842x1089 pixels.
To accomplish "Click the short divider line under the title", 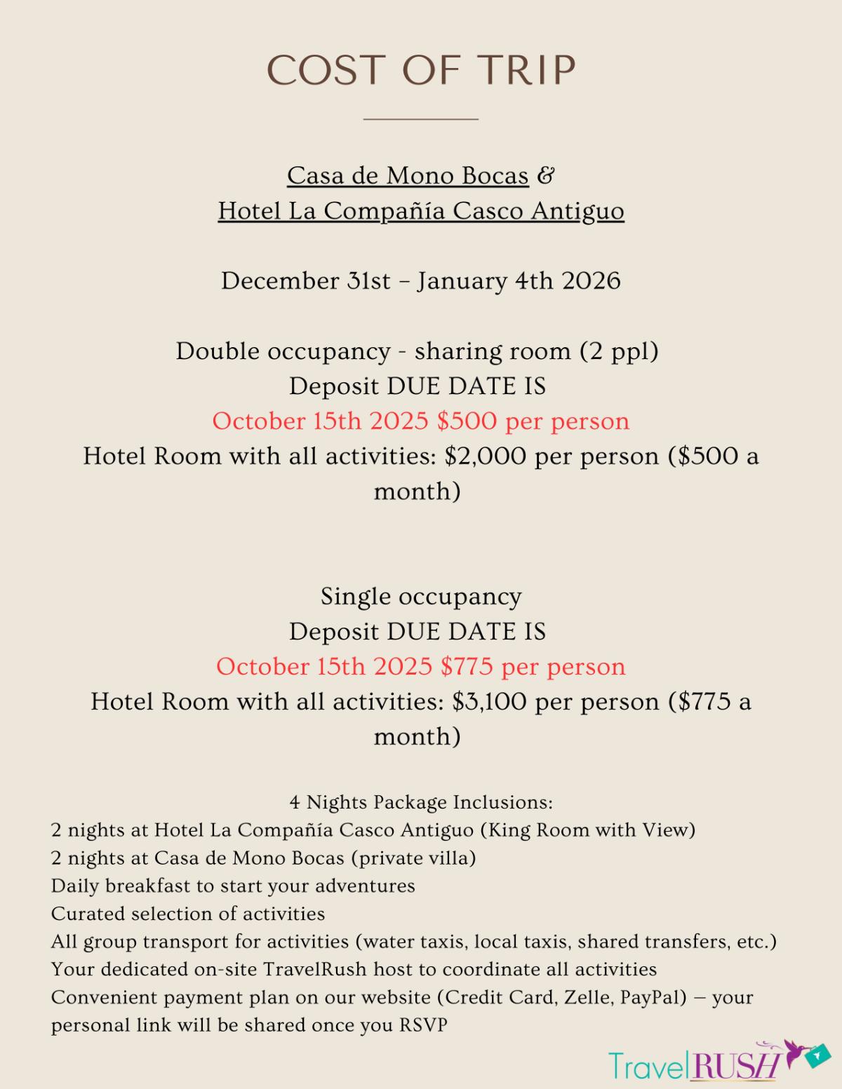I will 420,119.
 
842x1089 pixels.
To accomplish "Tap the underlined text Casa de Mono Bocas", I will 408,175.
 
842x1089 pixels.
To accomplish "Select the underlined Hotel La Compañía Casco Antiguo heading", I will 421,210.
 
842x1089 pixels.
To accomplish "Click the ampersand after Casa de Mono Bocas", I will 545,175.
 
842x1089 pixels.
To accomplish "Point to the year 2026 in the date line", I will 592,280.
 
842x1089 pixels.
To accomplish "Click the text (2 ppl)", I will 619,351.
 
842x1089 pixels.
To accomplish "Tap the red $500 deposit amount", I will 467,421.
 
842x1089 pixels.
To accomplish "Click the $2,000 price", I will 486,456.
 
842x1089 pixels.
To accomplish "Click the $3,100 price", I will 490,701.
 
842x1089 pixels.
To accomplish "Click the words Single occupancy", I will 421,596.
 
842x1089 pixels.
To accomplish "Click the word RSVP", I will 423,1025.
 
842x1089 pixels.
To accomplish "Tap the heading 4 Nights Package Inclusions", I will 421,801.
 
